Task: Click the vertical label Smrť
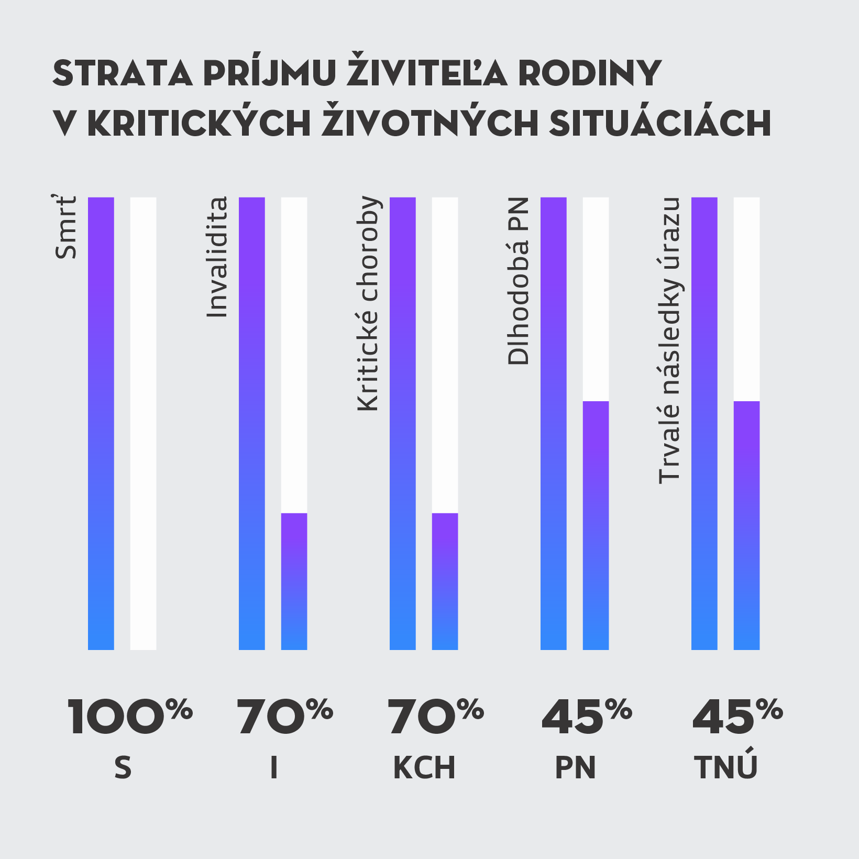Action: point(66,227)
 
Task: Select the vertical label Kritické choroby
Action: point(368,303)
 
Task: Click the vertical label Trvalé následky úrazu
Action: point(669,340)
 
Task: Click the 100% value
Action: point(129,717)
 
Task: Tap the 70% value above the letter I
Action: point(284,717)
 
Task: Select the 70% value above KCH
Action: point(435,717)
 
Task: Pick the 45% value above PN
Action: point(587,717)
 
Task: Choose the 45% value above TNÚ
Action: point(737,717)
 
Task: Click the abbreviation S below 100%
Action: point(123,768)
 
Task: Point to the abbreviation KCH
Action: point(424,768)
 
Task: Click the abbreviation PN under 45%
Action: point(575,768)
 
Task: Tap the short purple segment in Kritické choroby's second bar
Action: point(445,581)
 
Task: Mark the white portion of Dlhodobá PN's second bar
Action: point(596,299)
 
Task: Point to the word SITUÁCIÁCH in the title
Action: point(660,124)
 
